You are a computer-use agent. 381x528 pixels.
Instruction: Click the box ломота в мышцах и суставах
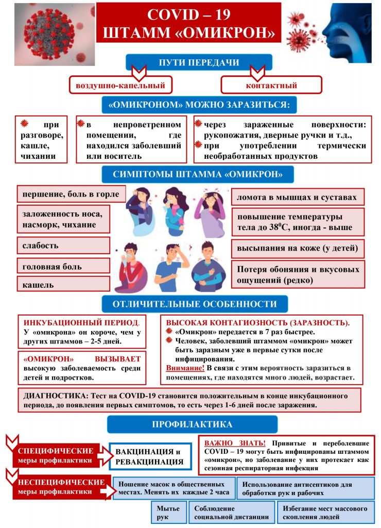pos(298,197)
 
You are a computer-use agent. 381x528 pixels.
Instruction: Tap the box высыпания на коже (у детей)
pos(298,248)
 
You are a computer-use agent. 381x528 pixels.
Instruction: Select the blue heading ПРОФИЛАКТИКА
pos(192,424)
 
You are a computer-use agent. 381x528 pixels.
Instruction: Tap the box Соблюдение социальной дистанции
pos(231,513)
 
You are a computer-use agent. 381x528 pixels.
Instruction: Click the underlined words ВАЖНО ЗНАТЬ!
pos(235,443)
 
